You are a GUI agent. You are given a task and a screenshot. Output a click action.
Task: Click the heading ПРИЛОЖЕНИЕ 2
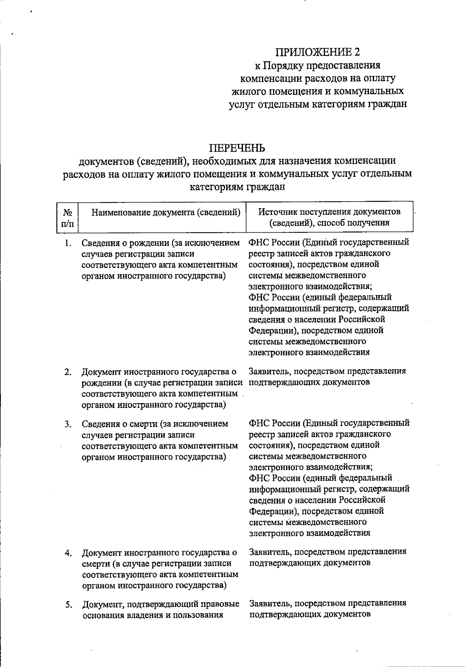pos(318,52)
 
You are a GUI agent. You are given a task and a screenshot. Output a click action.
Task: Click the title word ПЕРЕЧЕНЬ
pos(237,148)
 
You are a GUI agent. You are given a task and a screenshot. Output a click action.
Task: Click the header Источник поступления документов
pos(329,212)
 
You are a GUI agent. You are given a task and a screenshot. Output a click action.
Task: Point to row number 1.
pos(68,243)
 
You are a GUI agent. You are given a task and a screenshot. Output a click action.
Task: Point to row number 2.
pos(68,372)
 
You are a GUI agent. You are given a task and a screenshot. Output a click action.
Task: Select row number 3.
pos(68,424)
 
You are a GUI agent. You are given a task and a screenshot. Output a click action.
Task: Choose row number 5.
pos(68,604)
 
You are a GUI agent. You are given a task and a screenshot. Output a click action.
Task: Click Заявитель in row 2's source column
pos(269,372)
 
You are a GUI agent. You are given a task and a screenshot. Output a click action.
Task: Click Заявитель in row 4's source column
pos(269,551)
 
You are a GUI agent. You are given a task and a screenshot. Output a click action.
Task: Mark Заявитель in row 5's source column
pos(269,603)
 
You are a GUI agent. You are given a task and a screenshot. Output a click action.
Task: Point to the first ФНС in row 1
pos(258,243)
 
